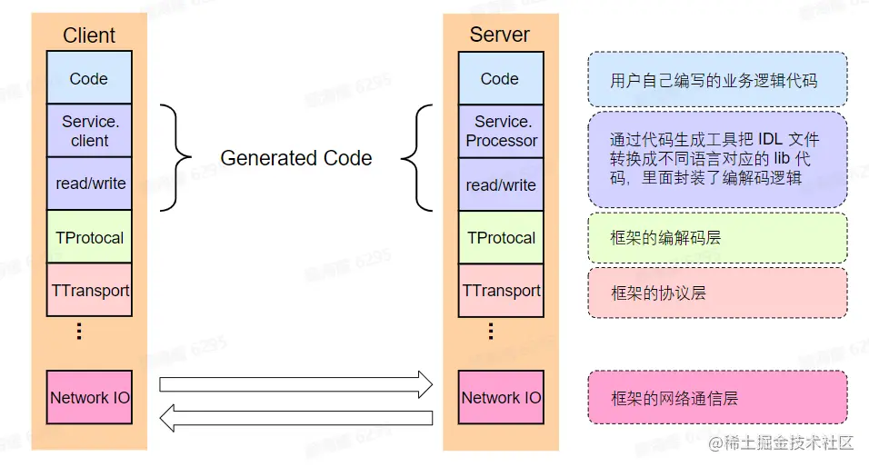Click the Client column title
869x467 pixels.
click(x=89, y=35)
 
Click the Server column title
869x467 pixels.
click(x=499, y=35)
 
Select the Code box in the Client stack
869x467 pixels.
click(x=89, y=78)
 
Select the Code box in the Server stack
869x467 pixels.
click(x=500, y=78)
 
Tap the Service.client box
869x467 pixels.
click(x=89, y=131)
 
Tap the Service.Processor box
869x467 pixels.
click(x=501, y=131)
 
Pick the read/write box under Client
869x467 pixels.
click(x=89, y=184)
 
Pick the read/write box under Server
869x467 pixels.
click(x=501, y=184)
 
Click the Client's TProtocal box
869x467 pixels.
click(x=89, y=237)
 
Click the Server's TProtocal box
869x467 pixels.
click(x=501, y=237)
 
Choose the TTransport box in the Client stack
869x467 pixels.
click(x=89, y=291)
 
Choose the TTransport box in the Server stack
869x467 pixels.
click(x=501, y=291)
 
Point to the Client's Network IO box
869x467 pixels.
click(x=89, y=397)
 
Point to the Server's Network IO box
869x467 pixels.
click(x=501, y=397)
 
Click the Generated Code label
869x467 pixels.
click(x=296, y=158)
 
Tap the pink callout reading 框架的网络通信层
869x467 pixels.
click(x=717, y=397)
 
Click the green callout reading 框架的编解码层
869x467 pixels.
click(x=717, y=238)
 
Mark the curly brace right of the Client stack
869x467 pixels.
click(x=177, y=158)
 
